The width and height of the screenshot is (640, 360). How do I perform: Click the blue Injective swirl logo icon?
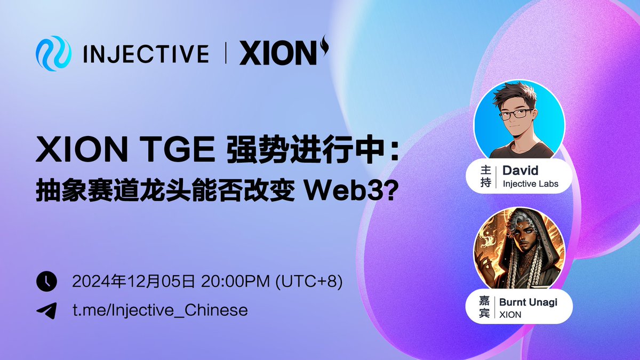point(53,53)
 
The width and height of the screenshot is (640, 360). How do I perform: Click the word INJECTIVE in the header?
point(146,54)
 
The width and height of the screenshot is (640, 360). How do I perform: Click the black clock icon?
point(46,281)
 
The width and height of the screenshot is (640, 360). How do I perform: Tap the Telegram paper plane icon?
point(46,310)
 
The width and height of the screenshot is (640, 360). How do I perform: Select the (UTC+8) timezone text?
point(308,281)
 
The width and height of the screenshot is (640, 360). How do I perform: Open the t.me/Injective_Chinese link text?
point(160,310)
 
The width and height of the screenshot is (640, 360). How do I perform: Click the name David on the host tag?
point(520,171)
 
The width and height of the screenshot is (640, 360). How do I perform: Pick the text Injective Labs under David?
point(530,184)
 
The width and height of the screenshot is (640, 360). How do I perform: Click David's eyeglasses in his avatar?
point(515,114)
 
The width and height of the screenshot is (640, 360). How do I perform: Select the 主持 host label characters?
point(485,177)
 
